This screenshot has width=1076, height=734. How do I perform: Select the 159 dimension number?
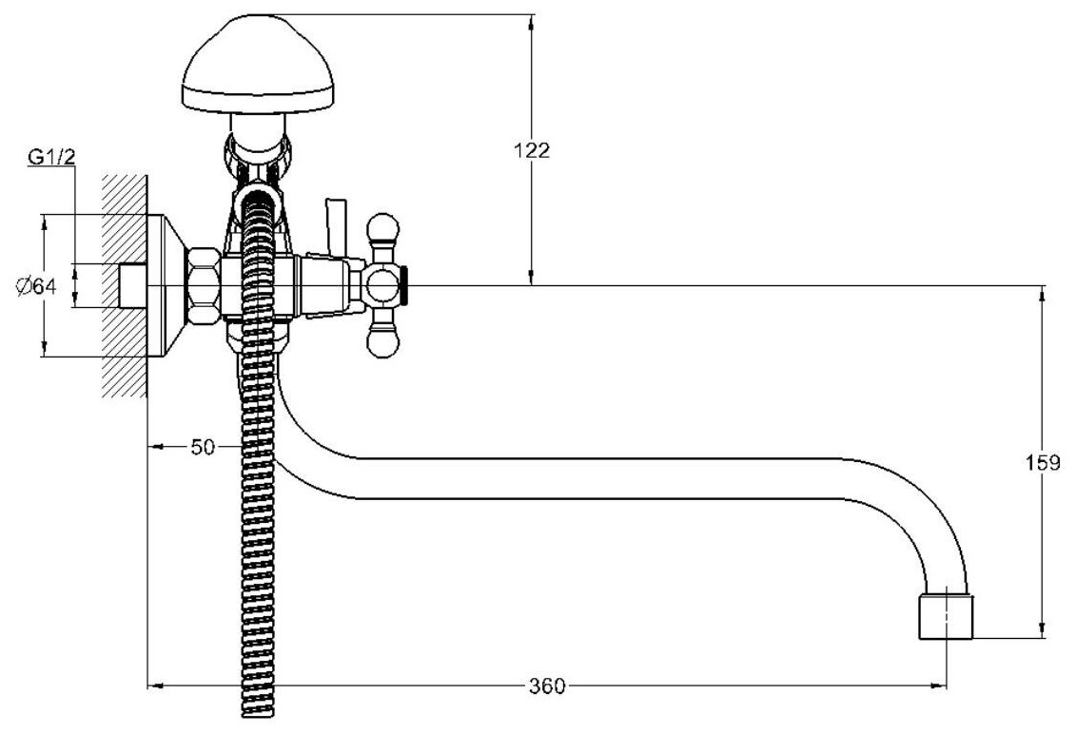pos(1043,464)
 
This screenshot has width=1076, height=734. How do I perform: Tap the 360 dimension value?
pos(547,686)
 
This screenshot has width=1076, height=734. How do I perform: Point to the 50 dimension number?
pos(202,446)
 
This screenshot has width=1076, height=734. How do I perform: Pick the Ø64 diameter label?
pos(38,285)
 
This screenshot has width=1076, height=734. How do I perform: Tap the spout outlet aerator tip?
pos(945,617)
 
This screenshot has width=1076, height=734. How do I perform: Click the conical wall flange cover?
pos(167,285)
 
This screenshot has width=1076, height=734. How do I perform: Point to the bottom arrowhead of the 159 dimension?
pos(1044,630)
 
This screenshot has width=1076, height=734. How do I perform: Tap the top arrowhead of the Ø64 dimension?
pos(44,222)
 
